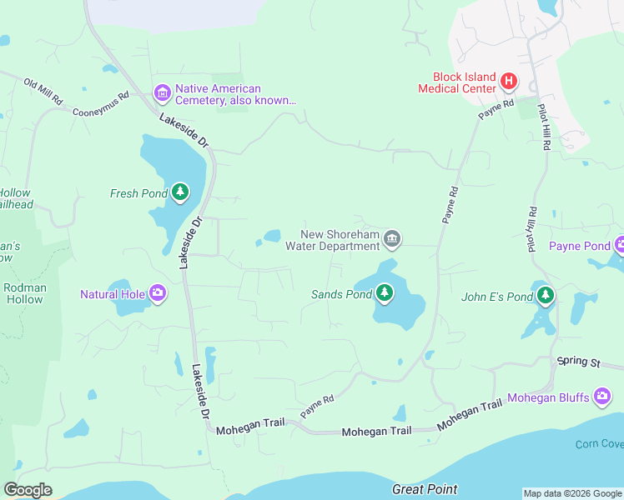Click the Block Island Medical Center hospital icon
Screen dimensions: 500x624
coord(509,82)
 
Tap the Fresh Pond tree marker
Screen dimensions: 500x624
coord(180,193)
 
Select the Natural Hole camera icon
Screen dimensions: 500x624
coord(158,293)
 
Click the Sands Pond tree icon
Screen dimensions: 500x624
coord(384,293)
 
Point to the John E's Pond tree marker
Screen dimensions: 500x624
coord(545,296)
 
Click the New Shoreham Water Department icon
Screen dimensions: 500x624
coord(393,241)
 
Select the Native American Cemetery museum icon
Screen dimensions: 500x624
coord(162,93)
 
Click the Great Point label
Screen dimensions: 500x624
coord(425,489)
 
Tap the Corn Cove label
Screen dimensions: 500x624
coord(599,444)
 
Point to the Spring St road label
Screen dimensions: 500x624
coord(578,362)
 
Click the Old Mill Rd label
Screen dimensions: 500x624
coord(43,92)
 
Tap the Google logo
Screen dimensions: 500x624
coord(28,490)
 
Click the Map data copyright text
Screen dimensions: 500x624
coord(571,493)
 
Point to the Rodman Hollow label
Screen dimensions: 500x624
coord(25,293)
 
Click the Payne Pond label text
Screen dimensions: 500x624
coord(579,246)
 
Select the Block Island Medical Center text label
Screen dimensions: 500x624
coord(463,82)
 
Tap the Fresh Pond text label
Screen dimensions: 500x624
coord(138,193)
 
